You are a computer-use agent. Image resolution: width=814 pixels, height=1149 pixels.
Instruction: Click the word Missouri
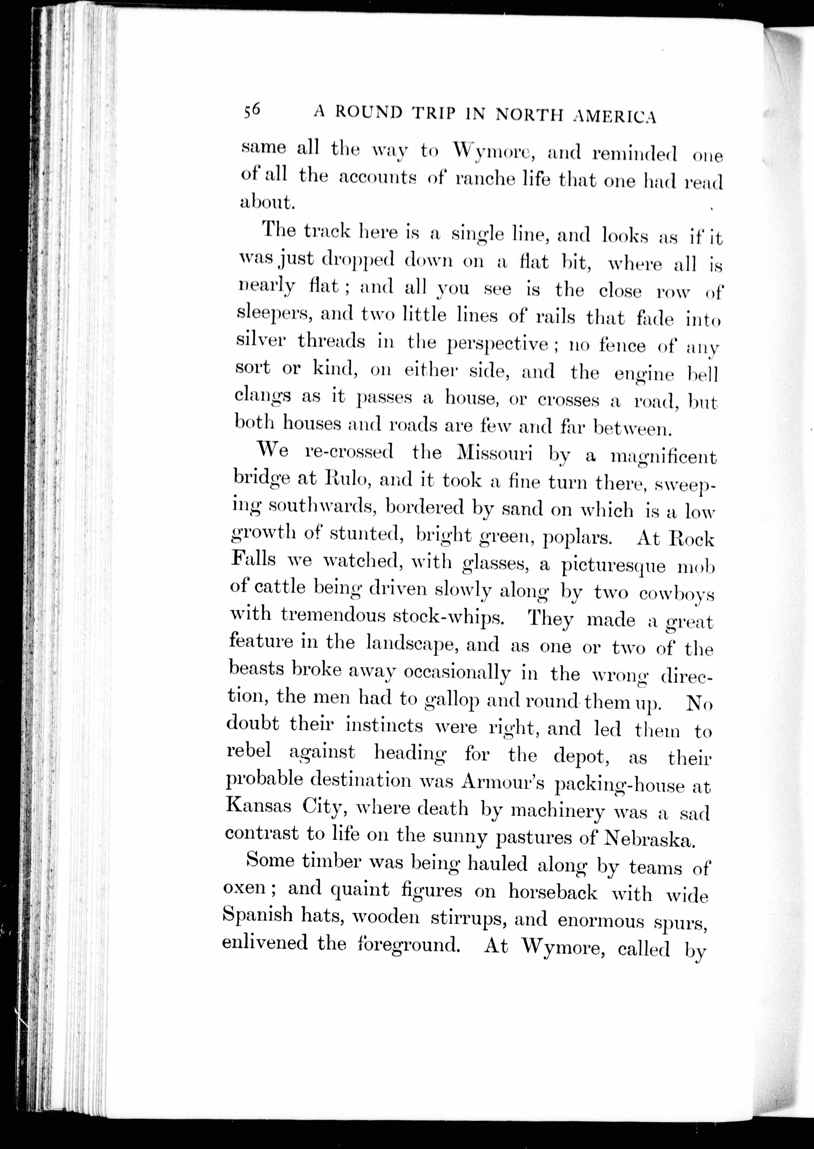point(495,453)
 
